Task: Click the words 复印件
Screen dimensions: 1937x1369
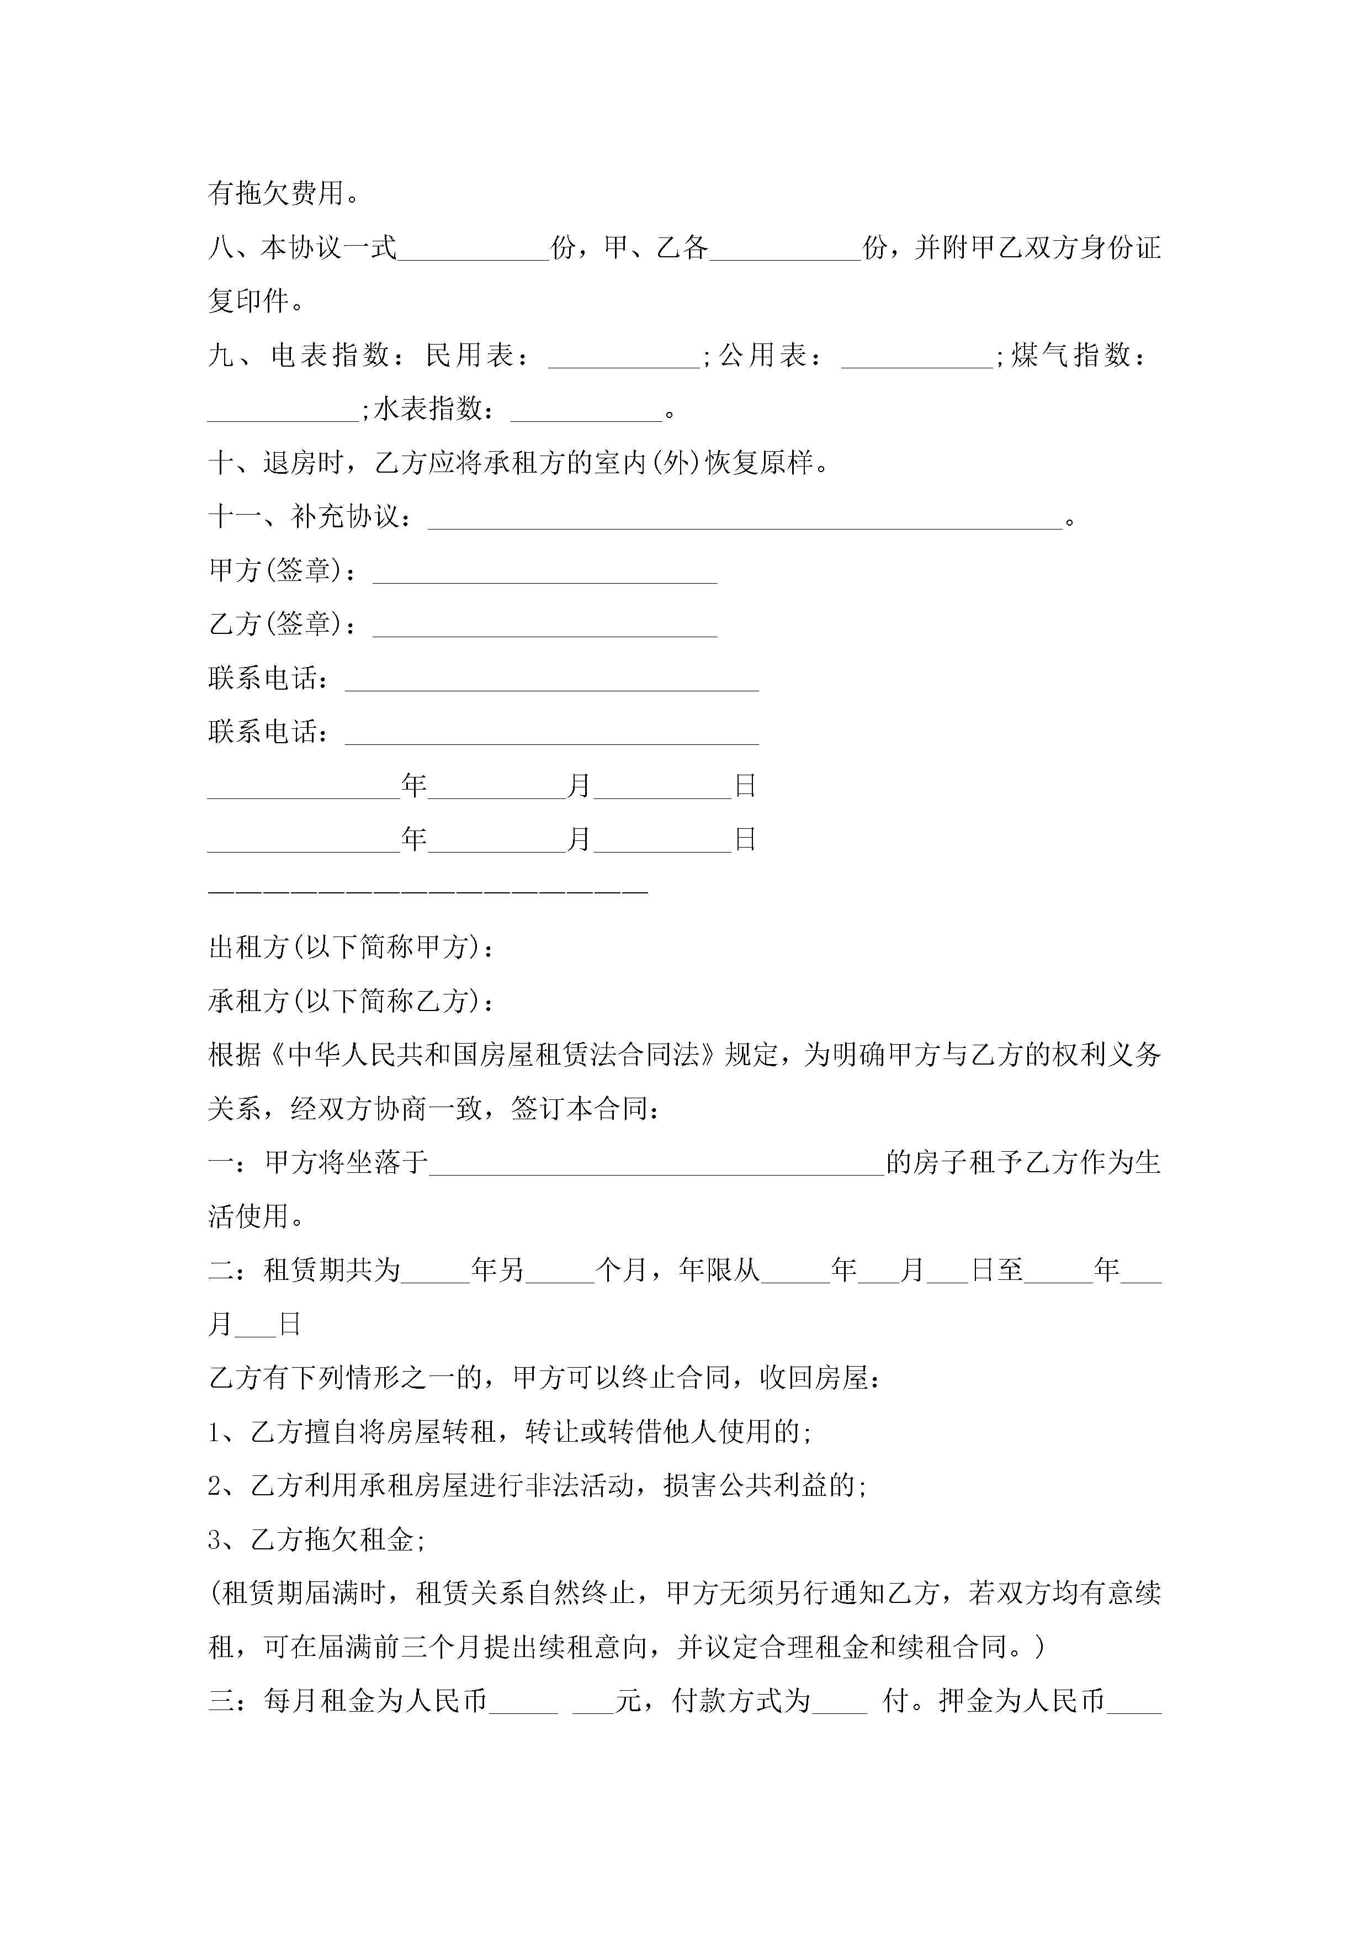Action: click(249, 301)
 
